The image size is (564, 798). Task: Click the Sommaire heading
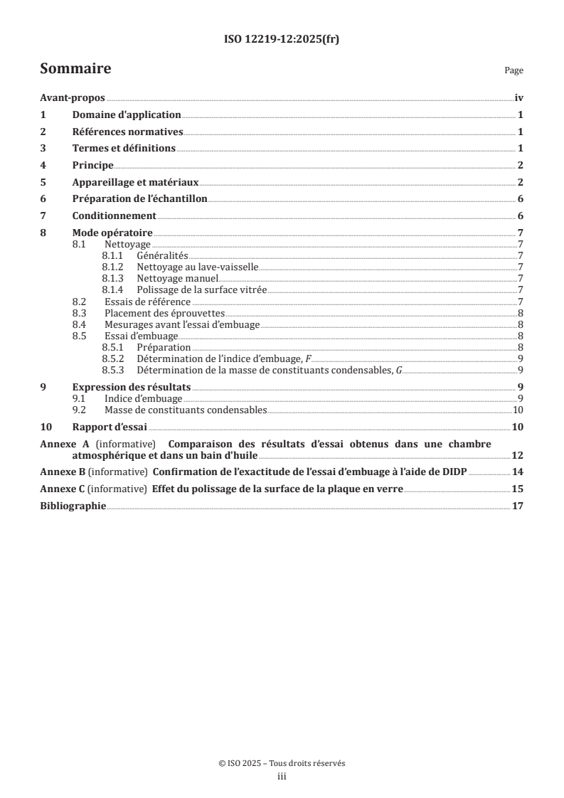click(75, 69)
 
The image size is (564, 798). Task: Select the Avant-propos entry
click(72, 99)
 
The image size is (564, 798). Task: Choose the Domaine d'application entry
click(127, 115)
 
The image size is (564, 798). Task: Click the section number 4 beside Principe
click(43, 165)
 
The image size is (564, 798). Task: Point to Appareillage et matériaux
click(134, 182)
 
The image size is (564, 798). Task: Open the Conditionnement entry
click(114, 216)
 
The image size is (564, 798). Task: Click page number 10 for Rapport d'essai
click(518, 427)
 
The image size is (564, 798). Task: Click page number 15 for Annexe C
click(518, 489)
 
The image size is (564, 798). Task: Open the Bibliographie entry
click(73, 506)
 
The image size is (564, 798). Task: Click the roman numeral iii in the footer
click(282, 777)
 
